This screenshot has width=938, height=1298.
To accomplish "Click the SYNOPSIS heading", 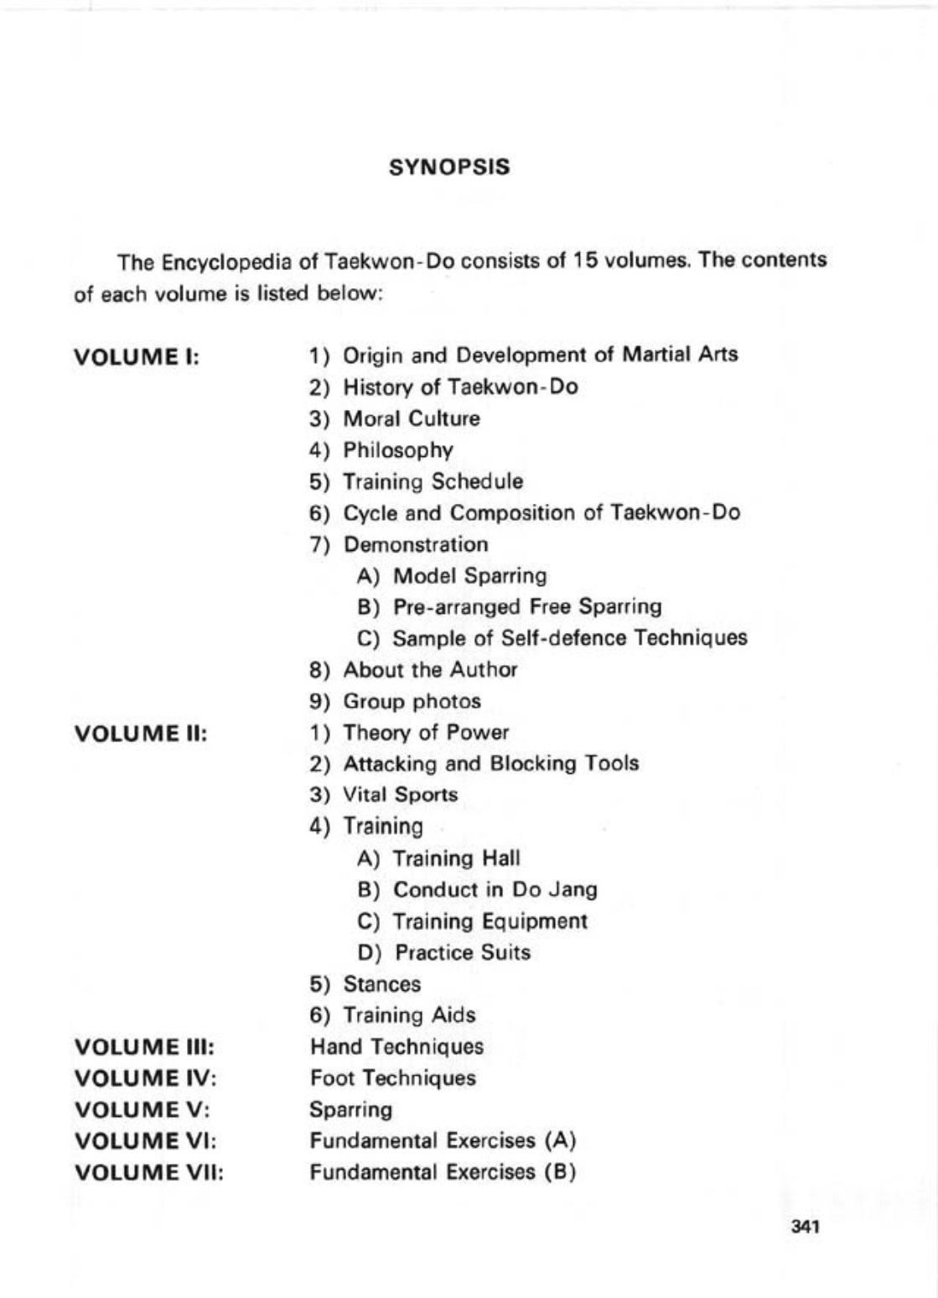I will pyautogui.click(x=449, y=167).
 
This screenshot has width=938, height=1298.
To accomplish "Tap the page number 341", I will pyautogui.click(x=804, y=1227).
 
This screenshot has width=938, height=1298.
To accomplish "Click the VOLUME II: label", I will pyautogui.click(x=141, y=734).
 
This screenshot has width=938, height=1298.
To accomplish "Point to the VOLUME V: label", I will pyautogui.click(x=142, y=1110).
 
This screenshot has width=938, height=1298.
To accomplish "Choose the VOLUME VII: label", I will pyautogui.click(x=149, y=1173).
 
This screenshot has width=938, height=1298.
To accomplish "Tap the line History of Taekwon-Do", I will pyautogui.click(x=460, y=387).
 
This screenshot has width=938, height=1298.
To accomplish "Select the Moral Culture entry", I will pyautogui.click(x=412, y=418).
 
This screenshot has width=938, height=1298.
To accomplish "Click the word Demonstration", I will pyautogui.click(x=416, y=544).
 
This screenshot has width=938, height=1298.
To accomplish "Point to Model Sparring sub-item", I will pyautogui.click(x=469, y=576).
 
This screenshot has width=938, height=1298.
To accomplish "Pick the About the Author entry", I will pyautogui.click(x=430, y=670).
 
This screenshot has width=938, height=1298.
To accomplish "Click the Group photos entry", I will pyautogui.click(x=412, y=701).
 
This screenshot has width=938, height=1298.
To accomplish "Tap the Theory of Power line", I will pyautogui.click(x=426, y=733).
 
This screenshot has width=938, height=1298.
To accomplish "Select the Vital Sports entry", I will pyautogui.click(x=401, y=795).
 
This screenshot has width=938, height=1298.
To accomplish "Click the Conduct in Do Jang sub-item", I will pyautogui.click(x=495, y=890).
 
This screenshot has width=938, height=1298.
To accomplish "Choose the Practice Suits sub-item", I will pyautogui.click(x=462, y=953).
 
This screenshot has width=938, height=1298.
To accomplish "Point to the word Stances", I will pyautogui.click(x=382, y=984).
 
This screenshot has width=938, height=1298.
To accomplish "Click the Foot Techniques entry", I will pyautogui.click(x=392, y=1078).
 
